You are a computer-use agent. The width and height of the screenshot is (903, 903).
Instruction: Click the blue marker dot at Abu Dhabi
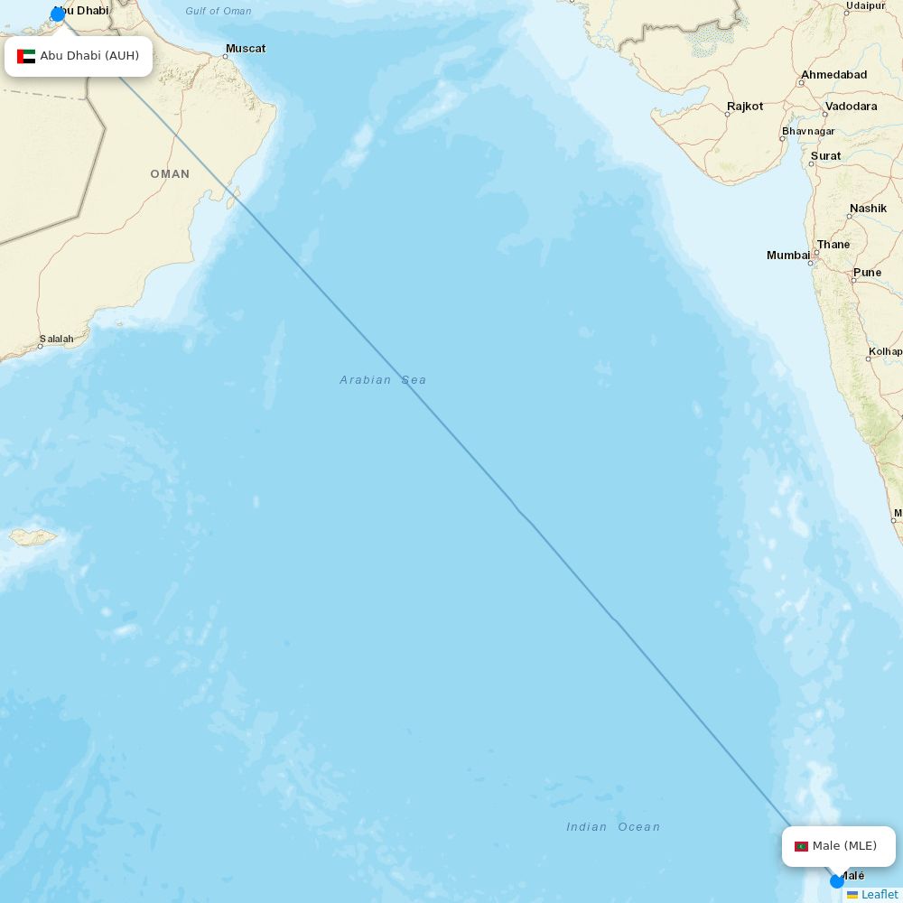(58, 14)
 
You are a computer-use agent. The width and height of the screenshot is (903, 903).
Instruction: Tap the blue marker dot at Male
(837, 880)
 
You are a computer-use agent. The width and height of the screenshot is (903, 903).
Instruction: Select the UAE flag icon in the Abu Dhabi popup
(26, 56)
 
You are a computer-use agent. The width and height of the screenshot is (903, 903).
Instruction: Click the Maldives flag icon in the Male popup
(801, 846)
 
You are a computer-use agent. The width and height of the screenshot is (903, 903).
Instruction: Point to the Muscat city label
(246, 48)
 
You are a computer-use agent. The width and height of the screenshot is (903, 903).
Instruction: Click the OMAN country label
(170, 173)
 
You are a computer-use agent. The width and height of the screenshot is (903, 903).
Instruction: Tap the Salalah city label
(56, 339)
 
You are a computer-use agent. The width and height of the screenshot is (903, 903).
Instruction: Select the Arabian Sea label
(383, 380)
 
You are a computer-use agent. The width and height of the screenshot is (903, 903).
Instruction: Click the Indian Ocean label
(613, 826)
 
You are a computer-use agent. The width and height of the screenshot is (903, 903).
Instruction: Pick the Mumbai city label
(788, 256)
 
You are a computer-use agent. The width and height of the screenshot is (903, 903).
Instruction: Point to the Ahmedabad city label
(833, 75)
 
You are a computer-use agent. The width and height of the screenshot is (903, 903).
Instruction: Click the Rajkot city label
(745, 107)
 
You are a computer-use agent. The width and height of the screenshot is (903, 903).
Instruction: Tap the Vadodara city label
(851, 107)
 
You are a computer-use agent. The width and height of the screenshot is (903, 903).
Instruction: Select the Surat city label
(825, 156)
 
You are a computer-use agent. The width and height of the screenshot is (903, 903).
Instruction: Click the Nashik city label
(868, 209)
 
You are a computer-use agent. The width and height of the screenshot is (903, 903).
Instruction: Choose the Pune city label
(867, 272)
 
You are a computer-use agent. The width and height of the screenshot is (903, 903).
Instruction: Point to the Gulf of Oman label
(219, 11)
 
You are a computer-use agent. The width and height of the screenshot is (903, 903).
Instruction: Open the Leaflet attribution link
(879, 894)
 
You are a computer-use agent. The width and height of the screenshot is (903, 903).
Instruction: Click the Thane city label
(833, 245)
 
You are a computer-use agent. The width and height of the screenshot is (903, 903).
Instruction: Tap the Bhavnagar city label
(808, 131)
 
